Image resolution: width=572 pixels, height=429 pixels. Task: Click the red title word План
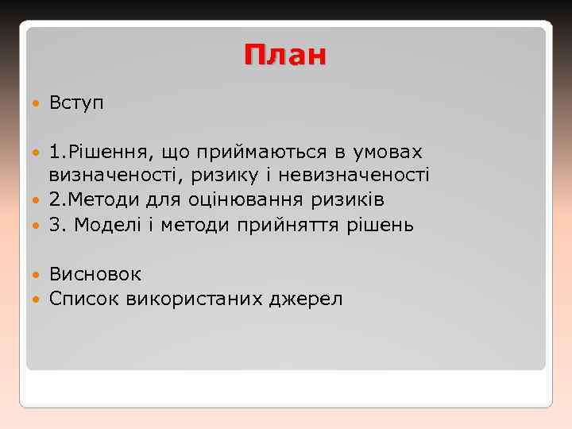[x=285, y=56]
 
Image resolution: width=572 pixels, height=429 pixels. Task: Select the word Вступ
[x=76, y=102]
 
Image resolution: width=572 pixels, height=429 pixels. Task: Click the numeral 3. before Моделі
[x=56, y=225]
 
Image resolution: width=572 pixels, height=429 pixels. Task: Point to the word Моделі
[x=105, y=225]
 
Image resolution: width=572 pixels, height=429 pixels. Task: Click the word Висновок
[x=95, y=274]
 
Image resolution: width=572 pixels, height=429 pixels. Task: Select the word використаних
[x=187, y=299]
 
